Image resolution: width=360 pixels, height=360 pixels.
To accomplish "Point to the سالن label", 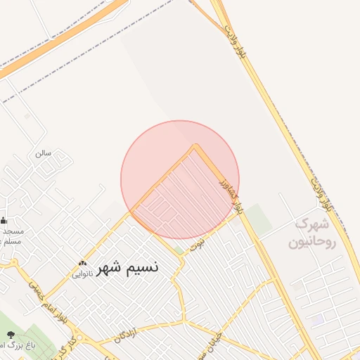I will coord(44,153).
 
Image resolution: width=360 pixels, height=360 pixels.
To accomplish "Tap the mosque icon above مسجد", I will coord(4,220).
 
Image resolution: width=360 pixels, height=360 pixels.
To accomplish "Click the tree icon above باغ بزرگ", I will coord(10,334).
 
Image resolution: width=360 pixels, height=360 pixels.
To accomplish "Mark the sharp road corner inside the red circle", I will coord(195,146).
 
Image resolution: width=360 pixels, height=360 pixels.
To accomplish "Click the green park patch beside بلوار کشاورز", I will coord(258,219).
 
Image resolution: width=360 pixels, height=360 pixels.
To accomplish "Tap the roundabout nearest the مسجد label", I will coord(13,263).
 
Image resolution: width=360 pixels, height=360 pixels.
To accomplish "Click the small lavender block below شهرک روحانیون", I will coord(317,320).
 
